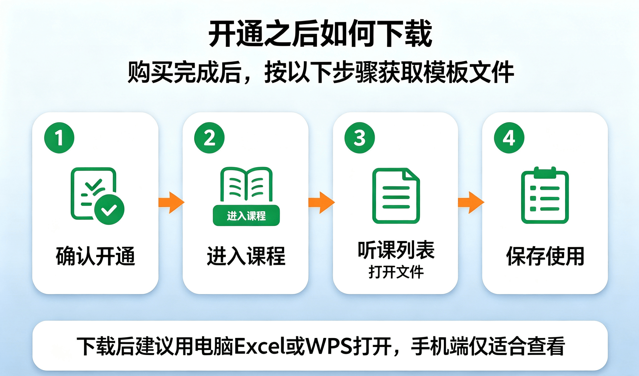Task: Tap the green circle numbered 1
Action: pyautogui.click(x=59, y=138)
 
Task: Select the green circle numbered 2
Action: pyautogui.click(x=209, y=138)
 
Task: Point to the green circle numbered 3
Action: pyautogui.click(x=360, y=138)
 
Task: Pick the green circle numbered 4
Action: pyautogui.click(x=509, y=138)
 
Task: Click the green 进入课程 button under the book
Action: pyautogui.click(x=246, y=216)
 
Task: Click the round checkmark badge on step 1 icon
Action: pyautogui.click(x=109, y=210)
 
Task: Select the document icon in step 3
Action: pyautogui.click(x=396, y=196)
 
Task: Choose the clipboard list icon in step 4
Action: pyautogui.click(x=545, y=195)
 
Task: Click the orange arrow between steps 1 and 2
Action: pyautogui.click(x=171, y=203)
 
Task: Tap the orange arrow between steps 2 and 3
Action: pyautogui.click(x=322, y=203)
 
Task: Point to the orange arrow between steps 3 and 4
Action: pyautogui.click(x=471, y=203)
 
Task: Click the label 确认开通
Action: pyautogui.click(x=95, y=256)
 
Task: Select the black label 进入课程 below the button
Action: pyautogui.click(x=246, y=256)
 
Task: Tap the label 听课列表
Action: pyautogui.click(x=396, y=250)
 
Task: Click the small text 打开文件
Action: pyautogui.click(x=396, y=272)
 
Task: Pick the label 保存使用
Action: pyautogui.click(x=545, y=256)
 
